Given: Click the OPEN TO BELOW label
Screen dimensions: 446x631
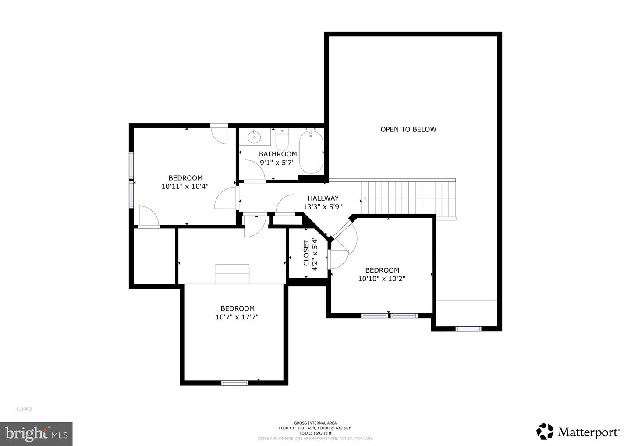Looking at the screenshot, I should point(408,129).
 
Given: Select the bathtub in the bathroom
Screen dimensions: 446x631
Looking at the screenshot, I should point(311,152).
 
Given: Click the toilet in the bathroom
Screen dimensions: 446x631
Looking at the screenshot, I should point(281,139).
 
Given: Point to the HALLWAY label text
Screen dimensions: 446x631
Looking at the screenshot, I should point(323,198).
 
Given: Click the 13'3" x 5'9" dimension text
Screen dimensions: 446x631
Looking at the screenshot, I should point(323,207).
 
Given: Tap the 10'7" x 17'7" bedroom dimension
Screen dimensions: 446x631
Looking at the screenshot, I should point(237,317).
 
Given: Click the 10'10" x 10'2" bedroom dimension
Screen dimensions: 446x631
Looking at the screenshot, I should point(382,279).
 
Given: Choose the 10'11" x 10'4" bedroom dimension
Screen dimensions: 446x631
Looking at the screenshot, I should point(185,186).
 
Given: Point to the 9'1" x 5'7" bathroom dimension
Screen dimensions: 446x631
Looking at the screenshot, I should point(277,163).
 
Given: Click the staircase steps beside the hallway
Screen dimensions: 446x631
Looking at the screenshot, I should point(408,198).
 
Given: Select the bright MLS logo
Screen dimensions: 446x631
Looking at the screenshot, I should point(36,434).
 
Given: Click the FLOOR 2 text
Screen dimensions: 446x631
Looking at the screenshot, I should point(24,409).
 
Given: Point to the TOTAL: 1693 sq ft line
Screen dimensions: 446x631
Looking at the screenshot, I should point(315,433).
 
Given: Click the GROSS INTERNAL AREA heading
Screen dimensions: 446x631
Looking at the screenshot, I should point(315,423).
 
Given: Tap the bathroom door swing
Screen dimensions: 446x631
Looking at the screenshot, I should point(254,170).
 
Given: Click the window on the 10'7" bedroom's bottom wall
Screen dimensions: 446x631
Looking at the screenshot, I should point(235,382).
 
